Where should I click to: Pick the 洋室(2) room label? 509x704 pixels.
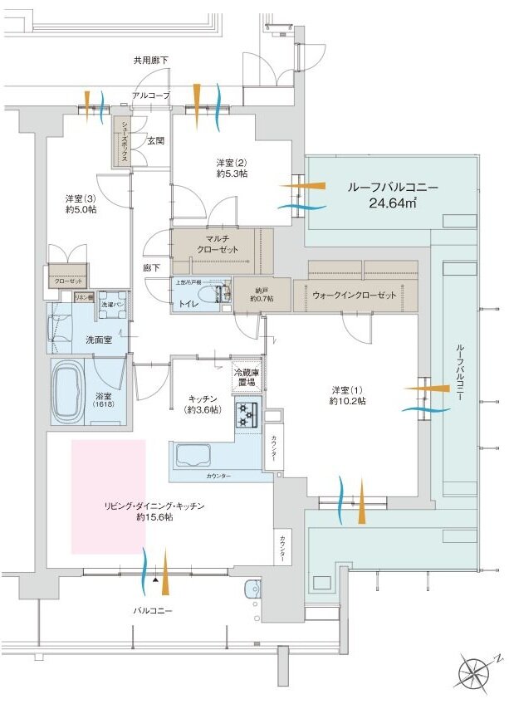click(232, 168)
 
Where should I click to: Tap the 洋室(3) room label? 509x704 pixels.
click(81, 204)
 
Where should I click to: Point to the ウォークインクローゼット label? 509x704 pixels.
click(355, 295)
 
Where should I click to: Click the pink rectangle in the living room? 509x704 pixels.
click(109, 496)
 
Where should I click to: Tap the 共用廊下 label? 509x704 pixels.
click(150, 61)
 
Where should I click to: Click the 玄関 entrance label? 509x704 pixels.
click(156, 141)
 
